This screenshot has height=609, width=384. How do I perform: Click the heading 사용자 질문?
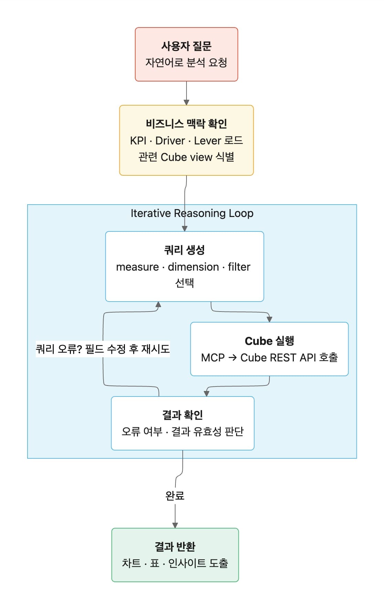coord(186,46)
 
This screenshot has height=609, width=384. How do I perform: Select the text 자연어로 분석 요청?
coord(186,63)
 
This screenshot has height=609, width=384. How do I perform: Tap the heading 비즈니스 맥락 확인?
coord(186,123)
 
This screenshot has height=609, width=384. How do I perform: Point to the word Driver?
coord(170,141)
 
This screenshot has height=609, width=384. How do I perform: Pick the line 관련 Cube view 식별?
coord(186,157)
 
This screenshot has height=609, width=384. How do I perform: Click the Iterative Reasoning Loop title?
coord(192,213)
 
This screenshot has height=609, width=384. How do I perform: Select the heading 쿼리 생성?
coord(184,250)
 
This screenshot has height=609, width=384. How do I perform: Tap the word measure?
coord(137,267)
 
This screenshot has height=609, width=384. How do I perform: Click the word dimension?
coord(193,267)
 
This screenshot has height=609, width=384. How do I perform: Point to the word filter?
coord(239,267)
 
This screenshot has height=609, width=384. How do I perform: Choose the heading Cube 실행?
coord(269,341)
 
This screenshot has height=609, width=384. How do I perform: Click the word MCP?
coord(213,358)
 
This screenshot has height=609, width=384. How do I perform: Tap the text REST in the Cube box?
coord(284,358)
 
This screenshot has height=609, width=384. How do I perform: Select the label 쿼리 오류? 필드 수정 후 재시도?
coord(103,349)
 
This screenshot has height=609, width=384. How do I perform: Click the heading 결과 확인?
coord(182,415)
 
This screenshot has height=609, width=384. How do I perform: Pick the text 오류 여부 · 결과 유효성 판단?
coord(182,431)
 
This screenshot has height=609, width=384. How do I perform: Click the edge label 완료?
coord(175,496)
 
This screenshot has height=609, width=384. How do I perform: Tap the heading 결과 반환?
coord(175,546)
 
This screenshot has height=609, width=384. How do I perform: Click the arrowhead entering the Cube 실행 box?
coord(269,319)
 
